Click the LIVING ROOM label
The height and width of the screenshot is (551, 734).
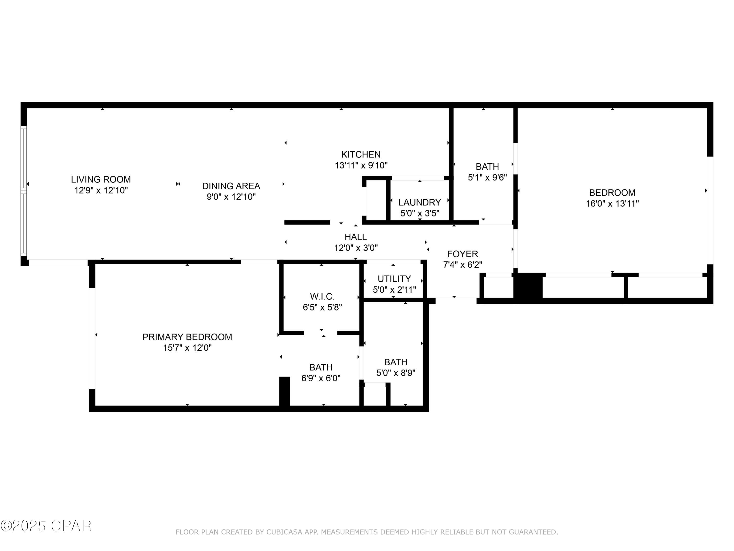click(x=101, y=179)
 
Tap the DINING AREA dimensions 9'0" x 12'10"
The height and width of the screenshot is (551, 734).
click(x=231, y=197)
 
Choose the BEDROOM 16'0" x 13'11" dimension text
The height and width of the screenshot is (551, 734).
click(x=612, y=204)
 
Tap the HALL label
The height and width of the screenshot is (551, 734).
click(x=356, y=237)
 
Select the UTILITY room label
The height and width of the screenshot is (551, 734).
click(x=394, y=279)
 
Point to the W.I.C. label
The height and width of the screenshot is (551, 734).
click(x=322, y=296)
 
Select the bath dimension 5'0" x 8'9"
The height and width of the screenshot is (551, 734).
click(x=396, y=373)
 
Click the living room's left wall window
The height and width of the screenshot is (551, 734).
click(x=23, y=191)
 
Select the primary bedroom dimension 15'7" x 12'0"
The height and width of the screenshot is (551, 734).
click(x=187, y=348)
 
